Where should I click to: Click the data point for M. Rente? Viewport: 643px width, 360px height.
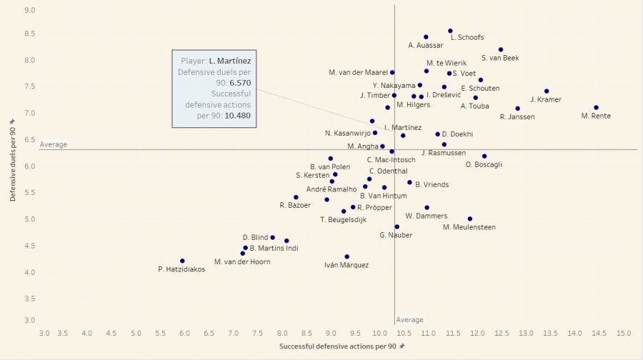[596, 108]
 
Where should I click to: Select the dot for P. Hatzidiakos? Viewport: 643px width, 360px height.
[182, 261]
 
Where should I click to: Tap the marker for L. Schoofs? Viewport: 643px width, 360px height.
[450, 31]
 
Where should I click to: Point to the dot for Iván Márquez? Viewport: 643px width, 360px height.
[347, 256]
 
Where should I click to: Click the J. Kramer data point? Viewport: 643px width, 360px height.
[547, 91]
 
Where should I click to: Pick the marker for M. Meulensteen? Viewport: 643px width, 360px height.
[469, 219]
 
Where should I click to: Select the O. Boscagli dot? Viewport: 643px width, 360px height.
[484, 156]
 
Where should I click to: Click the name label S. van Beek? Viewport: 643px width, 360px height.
[500, 59]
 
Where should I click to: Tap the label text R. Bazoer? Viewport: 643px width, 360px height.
[296, 206]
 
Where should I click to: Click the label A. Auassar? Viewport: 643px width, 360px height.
[426, 46]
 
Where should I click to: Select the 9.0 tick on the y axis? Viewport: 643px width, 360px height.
[29, 10]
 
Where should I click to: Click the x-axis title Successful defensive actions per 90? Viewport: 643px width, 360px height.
[339, 346]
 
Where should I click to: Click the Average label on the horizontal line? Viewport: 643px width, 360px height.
[54, 144]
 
